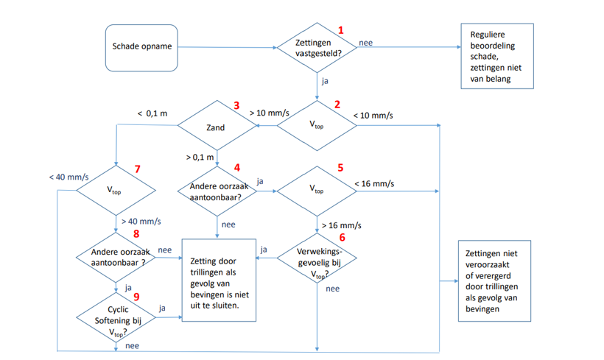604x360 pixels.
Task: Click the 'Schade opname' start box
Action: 141,47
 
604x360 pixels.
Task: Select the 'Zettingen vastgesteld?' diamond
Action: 317,48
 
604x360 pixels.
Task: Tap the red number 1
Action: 341,30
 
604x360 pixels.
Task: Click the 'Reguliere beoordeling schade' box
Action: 496,57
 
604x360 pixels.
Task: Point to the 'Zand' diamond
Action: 216,127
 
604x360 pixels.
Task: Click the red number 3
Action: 236,105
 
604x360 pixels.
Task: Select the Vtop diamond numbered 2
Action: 317,126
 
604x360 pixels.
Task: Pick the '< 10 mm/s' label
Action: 373,116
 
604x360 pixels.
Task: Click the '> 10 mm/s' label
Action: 268,114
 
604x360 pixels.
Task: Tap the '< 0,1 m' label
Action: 152,113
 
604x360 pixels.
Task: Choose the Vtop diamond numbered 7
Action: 115,190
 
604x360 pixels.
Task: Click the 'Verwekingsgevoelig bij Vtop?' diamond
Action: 317,258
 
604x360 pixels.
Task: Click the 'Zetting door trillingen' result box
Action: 219,280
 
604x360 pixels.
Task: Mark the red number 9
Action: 136,296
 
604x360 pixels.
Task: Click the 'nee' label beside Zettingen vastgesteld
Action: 365,43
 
